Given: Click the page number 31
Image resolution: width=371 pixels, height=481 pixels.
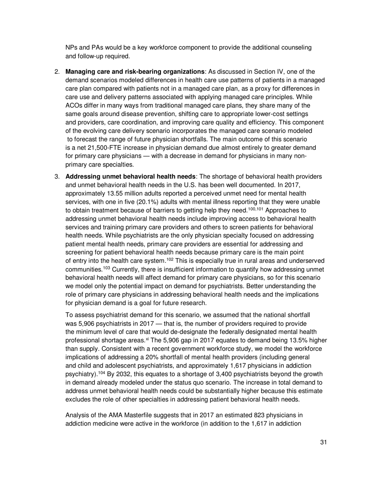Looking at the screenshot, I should (323, 442).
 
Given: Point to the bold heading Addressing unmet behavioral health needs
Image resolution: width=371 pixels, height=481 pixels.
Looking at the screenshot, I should (130, 176).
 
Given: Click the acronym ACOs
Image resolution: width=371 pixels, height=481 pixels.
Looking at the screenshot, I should (73, 105).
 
